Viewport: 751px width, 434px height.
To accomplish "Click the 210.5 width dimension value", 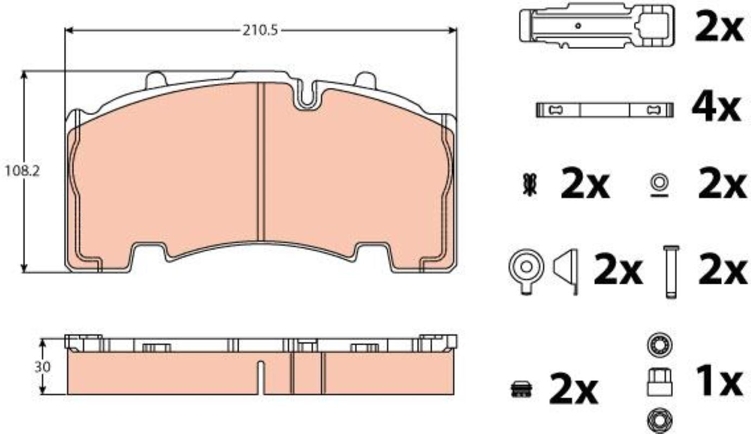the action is pyautogui.click(x=260, y=31).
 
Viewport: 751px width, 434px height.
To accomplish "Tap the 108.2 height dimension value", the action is pyautogui.click(x=22, y=172).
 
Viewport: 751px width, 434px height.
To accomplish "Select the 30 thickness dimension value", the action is pyautogui.click(x=43, y=367).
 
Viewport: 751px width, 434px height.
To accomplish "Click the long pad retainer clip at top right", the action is pyautogui.click(x=597, y=26).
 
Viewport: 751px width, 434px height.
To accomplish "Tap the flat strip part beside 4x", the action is pyautogui.click(x=605, y=110).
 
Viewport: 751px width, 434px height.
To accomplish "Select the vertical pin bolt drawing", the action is pyautogui.click(x=671, y=271).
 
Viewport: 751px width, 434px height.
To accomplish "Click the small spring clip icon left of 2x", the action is pyautogui.click(x=530, y=184).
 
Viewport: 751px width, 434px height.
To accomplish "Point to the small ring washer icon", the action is pyautogui.click(x=659, y=186).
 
